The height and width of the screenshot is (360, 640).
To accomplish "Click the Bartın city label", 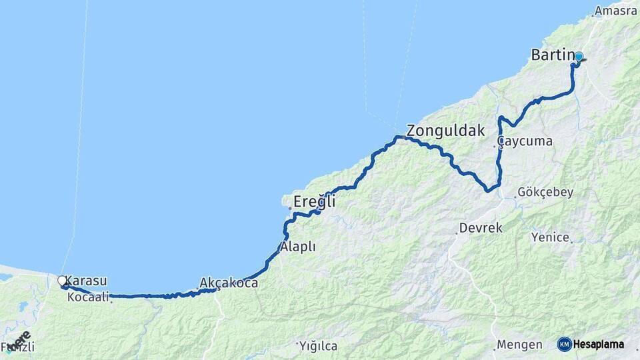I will [x=552, y=55].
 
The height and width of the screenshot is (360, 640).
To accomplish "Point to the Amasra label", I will [x=616, y=11].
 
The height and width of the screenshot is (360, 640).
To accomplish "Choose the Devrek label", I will [x=481, y=228].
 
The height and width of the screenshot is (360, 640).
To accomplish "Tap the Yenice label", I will [x=550, y=237].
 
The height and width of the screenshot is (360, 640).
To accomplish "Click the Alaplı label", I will [x=298, y=247].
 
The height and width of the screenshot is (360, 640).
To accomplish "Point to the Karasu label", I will [x=87, y=281].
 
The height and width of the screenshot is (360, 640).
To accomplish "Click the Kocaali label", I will [x=88, y=298].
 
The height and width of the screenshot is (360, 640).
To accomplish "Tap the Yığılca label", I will [x=319, y=347].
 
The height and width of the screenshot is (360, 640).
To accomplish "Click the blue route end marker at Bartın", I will [x=579, y=57].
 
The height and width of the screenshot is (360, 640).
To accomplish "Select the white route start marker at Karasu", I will [x=62, y=281].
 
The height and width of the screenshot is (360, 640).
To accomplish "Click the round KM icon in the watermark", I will [x=565, y=344].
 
